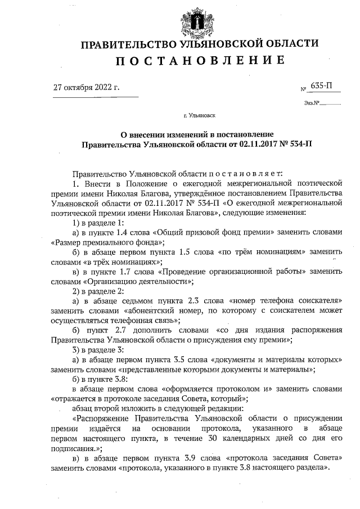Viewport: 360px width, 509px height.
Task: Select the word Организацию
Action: click(x=112, y=281)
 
